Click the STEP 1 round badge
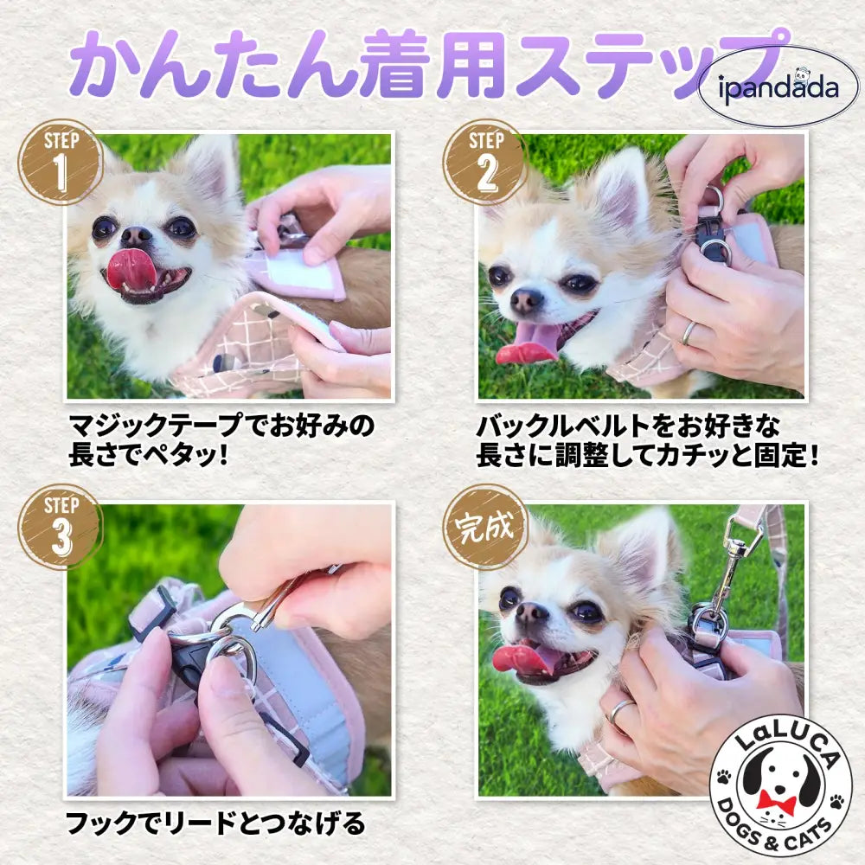[61, 161]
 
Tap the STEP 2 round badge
[485, 161]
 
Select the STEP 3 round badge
[61, 526]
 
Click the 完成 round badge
[485, 526]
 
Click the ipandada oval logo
[778, 87]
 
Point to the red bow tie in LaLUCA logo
[776, 800]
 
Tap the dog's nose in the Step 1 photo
[136, 235]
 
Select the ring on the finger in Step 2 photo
[689, 332]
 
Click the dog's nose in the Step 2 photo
[527, 301]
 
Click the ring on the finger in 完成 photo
[619, 710]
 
